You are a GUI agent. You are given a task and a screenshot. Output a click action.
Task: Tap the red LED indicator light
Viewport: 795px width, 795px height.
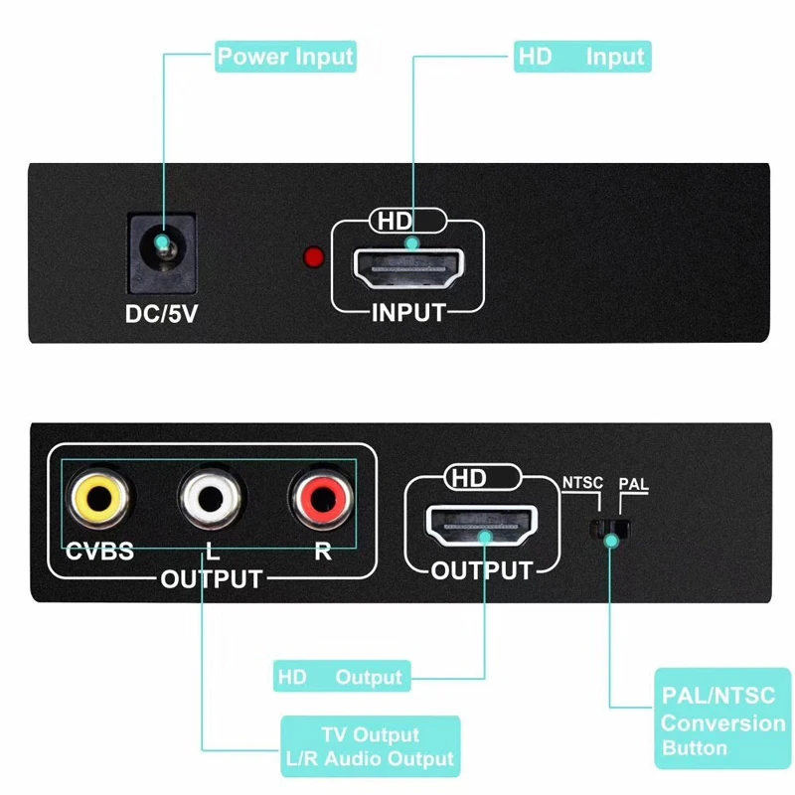(313, 258)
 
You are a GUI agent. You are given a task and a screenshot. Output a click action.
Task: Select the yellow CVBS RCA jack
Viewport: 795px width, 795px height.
(96, 496)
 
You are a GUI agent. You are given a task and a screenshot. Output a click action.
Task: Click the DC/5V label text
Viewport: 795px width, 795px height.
(161, 312)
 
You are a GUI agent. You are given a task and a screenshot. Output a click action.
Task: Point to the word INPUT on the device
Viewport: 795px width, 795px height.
(408, 313)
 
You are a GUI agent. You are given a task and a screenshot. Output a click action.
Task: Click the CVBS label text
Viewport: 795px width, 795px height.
(99, 552)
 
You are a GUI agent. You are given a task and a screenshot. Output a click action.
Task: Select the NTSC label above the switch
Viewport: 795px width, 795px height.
(582, 484)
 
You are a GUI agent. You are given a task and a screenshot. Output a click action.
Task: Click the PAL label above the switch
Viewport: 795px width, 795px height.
(634, 484)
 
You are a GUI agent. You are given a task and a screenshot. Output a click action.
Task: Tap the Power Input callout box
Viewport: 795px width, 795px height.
(285, 57)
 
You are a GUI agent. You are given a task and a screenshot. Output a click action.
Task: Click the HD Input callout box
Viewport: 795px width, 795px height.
(581, 57)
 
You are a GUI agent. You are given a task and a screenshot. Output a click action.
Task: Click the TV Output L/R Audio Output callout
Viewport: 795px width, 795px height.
(371, 747)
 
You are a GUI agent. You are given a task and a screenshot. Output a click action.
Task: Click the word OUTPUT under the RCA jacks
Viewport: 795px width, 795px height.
(212, 579)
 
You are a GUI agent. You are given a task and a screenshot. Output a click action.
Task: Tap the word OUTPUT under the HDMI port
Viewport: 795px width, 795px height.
(482, 571)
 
